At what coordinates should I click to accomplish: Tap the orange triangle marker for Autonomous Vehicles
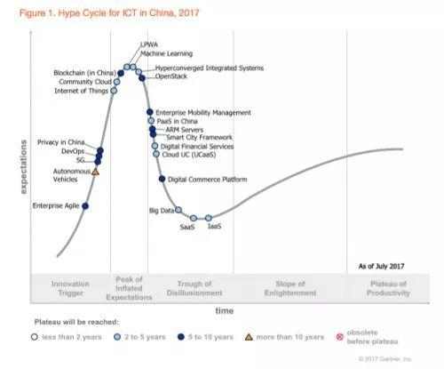tap(95, 171)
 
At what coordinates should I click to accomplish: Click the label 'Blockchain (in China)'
tap(85, 73)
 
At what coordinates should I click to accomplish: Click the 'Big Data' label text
tap(161, 211)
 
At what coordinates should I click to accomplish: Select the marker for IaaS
tap(209, 218)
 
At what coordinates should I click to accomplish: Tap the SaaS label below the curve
tap(187, 228)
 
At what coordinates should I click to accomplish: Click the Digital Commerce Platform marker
tap(162, 179)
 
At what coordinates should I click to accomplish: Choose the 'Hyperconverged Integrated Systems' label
tap(210, 68)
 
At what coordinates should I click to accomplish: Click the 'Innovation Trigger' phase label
tap(70, 288)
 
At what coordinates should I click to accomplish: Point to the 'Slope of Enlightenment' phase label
tap(289, 288)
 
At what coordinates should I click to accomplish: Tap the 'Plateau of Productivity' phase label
tap(389, 288)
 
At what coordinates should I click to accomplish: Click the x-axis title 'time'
tap(224, 310)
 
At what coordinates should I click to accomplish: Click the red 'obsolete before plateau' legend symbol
tap(339, 337)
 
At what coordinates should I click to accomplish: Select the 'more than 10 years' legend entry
tap(282, 337)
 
